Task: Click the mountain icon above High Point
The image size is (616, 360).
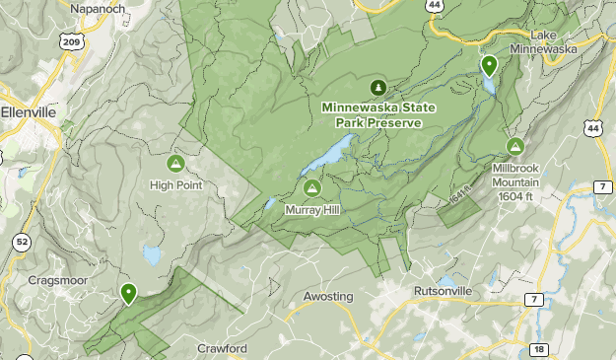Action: (x=175, y=163)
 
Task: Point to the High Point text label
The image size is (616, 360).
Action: (x=175, y=184)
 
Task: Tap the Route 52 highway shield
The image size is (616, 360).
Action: (x=23, y=241)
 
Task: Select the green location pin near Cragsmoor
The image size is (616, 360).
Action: (x=128, y=293)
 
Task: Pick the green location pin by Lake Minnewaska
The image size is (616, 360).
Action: (x=489, y=66)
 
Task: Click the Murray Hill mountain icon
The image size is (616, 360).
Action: (x=311, y=188)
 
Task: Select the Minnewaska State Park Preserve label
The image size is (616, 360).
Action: (x=372, y=115)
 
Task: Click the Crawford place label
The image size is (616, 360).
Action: (x=222, y=348)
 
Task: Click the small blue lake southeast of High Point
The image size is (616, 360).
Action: (x=152, y=255)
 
